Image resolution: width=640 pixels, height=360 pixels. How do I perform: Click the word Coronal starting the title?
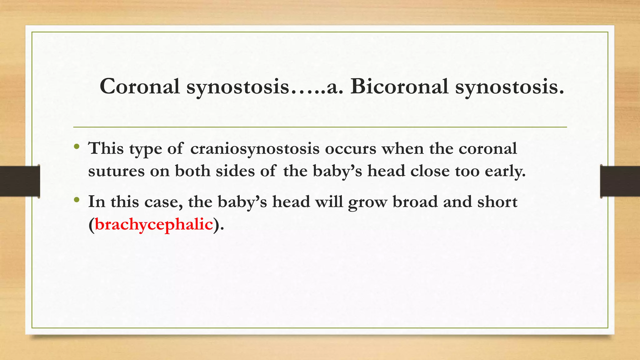coord(140,86)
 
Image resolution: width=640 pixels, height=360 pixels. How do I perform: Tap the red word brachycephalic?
coord(154,224)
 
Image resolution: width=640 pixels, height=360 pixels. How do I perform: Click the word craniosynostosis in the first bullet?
coord(255,148)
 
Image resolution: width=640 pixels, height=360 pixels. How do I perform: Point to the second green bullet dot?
coord(77,200)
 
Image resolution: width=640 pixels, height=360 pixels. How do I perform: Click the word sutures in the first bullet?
coord(116,171)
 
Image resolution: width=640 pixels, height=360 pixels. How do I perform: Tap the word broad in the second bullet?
coord(415,202)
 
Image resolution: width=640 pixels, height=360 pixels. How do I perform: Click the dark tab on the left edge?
coord(20,181)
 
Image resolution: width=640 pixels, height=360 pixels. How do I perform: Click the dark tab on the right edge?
coord(620,181)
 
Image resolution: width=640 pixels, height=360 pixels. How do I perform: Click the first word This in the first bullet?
coord(106,148)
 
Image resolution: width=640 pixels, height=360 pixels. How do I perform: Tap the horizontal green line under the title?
coord(320,127)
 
